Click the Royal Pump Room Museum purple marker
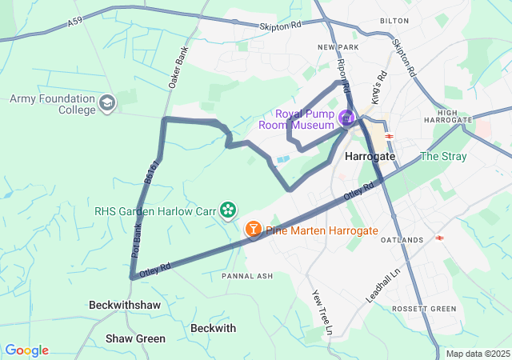[346, 119]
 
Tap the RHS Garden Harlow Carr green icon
[229, 210]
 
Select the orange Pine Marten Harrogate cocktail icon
[253, 230]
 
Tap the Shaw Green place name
[136, 338]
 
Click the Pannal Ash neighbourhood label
[247, 276]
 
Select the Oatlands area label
[402, 240]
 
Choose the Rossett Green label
[424, 309]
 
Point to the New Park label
[335, 48]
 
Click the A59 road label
[74, 25]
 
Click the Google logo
[26, 350]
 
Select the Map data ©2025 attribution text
[478, 354]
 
